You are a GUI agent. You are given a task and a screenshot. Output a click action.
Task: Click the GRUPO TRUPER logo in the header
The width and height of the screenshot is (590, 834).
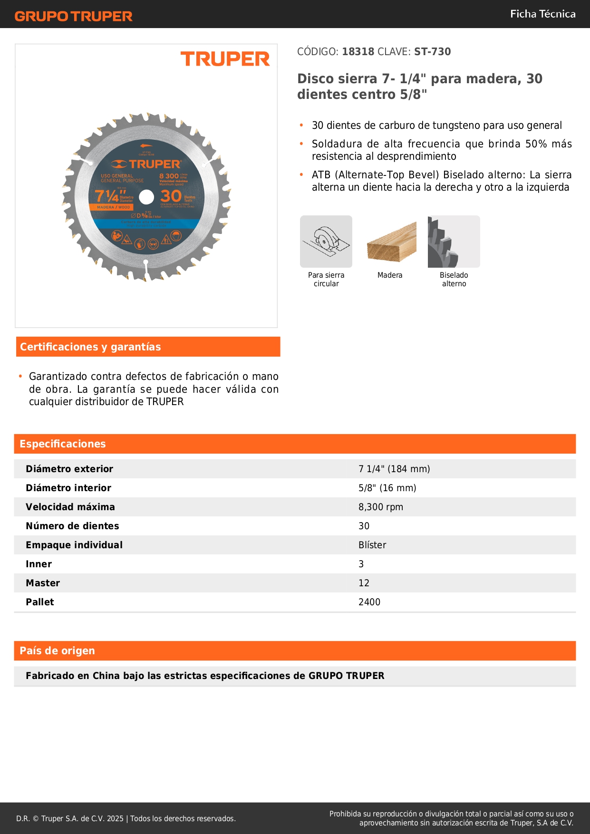pyautogui.click(x=73, y=16)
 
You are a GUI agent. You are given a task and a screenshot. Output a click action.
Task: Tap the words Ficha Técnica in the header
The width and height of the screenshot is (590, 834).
pyautogui.click(x=542, y=14)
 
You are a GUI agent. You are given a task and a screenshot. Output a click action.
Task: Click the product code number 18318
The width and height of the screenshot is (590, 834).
pyautogui.click(x=358, y=51)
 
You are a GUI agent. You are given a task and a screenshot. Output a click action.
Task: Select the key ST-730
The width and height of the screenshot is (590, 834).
pyautogui.click(x=432, y=51)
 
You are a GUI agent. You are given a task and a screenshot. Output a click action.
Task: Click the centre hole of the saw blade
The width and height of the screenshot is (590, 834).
pyautogui.click(x=146, y=197)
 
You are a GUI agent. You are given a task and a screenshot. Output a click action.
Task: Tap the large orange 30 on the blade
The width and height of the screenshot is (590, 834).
pyautogui.click(x=171, y=196)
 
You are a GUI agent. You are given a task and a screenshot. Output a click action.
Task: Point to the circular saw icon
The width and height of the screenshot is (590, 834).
pyautogui.click(x=326, y=242)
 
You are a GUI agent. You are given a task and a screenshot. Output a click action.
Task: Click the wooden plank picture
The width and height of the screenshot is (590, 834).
pyautogui.click(x=391, y=242)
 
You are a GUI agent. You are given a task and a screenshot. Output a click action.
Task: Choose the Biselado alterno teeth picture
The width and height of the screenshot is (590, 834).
pyautogui.click(x=454, y=242)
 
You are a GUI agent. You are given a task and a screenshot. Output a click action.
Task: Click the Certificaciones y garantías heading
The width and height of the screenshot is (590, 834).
pyautogui.click(x=90, y=347)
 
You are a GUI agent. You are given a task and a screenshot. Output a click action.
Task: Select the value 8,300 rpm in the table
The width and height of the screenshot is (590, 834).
pyautogui.click(x=380, y=507)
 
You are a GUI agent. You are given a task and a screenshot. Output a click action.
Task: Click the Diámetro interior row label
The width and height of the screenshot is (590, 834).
pyautogui.click(x=68, y=488)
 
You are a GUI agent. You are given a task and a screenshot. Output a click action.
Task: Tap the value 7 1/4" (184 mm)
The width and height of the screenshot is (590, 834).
pyautogui.click(x=394, y=469)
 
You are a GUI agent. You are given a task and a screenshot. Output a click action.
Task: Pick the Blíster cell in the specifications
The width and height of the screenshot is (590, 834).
pyautogui.click(x=372, y=545)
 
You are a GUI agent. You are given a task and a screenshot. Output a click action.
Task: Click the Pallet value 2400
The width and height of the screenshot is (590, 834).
pyautogui.click(x=369, y=602)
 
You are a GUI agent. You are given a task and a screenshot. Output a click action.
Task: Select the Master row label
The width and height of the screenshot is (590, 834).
pyautogui.click(x=43, y=583)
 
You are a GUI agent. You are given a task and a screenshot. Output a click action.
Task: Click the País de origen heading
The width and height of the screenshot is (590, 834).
pyautogui.click(x=57, y=650)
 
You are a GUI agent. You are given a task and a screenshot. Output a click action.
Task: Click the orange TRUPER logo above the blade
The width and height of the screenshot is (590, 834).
pyautogui.click(x=225, y=59)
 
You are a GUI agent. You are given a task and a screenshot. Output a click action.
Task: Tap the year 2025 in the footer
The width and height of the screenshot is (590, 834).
pyautogui.click(x=115, y=818)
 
